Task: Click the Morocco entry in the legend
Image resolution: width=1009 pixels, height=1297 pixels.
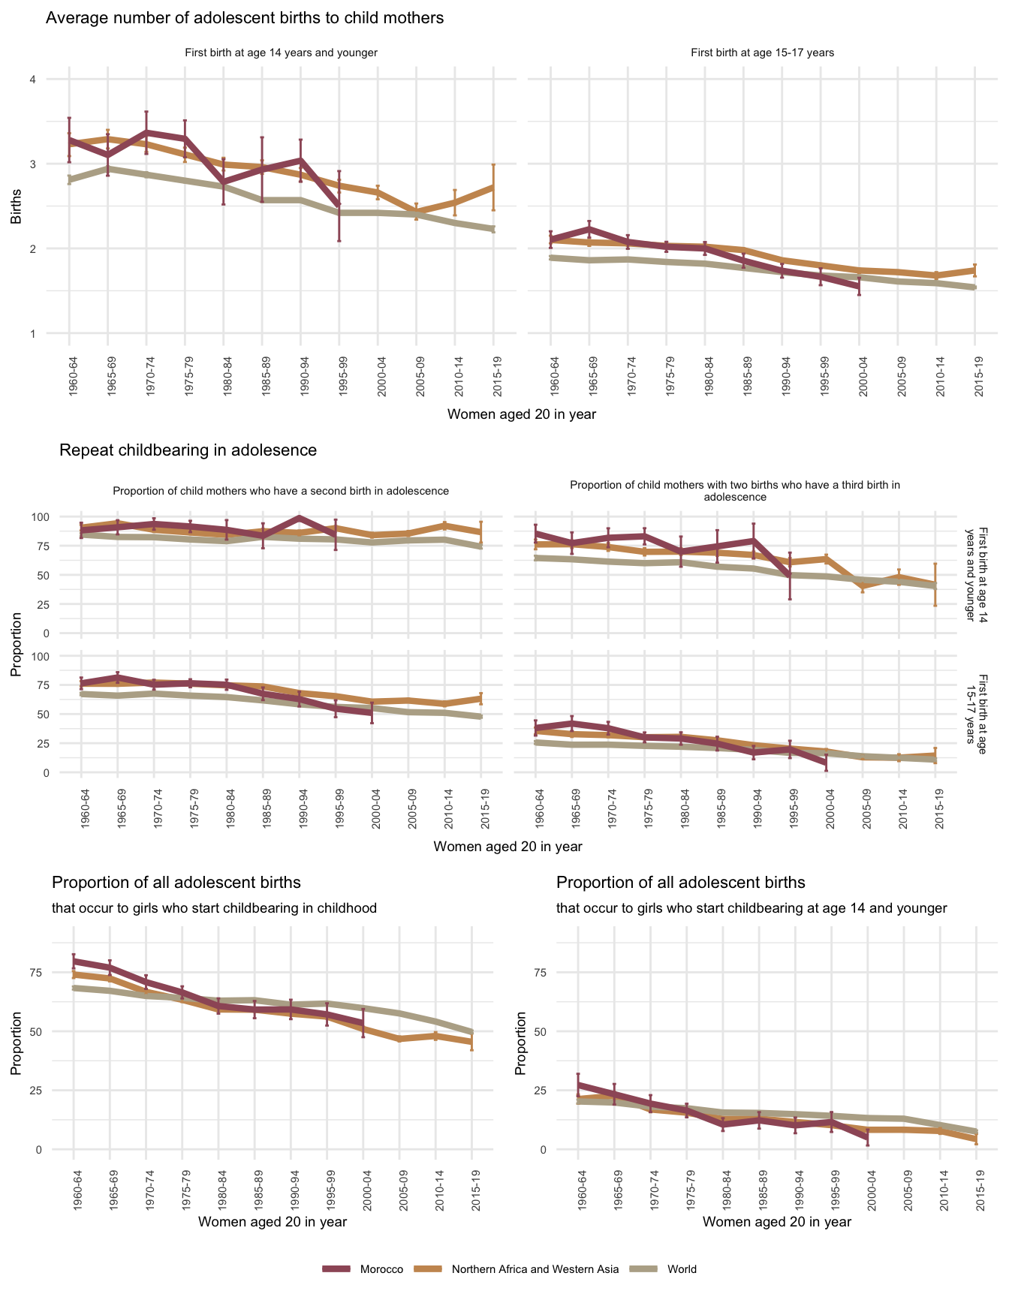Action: pyautogui.click(x=381, y=1269)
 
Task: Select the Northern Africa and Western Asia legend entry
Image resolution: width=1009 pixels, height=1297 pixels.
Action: pyautogui.click(x=535, y=1269)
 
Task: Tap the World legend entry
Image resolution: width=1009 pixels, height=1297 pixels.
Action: pyautogui.click(x=681, y=1269)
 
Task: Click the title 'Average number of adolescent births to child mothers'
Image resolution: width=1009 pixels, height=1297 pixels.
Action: pyautogui.click(x=245, y=18)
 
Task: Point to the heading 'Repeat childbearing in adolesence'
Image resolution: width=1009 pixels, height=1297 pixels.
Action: pyautogui.click(x=188, y=450)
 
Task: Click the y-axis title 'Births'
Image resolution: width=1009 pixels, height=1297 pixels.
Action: pyautogui.click(x=16, y=206)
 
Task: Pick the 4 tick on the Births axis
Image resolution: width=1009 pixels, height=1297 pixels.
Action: pyautogui.click(x=32, y=80)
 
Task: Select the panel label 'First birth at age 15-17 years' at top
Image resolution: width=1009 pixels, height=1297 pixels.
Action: pyautogui.click(x=762, y=53)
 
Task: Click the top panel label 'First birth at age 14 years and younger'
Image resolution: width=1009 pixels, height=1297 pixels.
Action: pyautogui.click(x=281, y=53)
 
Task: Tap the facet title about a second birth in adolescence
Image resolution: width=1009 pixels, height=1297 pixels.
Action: pyautogui.click(x=281, y=491)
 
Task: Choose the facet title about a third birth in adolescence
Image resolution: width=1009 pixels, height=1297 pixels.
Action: pyautogui.click(x=735, y=491)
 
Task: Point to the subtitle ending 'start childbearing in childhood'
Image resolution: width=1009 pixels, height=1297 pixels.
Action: pyautogui.click(x=214, y=908)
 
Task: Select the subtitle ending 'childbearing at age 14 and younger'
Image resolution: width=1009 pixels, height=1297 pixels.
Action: pyautogui.click(x=751, y=908)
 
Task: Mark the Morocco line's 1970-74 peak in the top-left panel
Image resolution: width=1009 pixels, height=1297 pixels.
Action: pyautogui.click(x=146, y=132)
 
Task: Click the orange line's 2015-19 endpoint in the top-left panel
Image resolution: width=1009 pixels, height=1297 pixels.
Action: pyautogui.click(x=493, y=186)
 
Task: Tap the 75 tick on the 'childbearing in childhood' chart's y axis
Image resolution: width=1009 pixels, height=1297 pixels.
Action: pyautogui.click(x=38, y=973)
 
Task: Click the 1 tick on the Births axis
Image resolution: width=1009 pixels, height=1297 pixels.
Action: pyautogui.click(x=32, y=333)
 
